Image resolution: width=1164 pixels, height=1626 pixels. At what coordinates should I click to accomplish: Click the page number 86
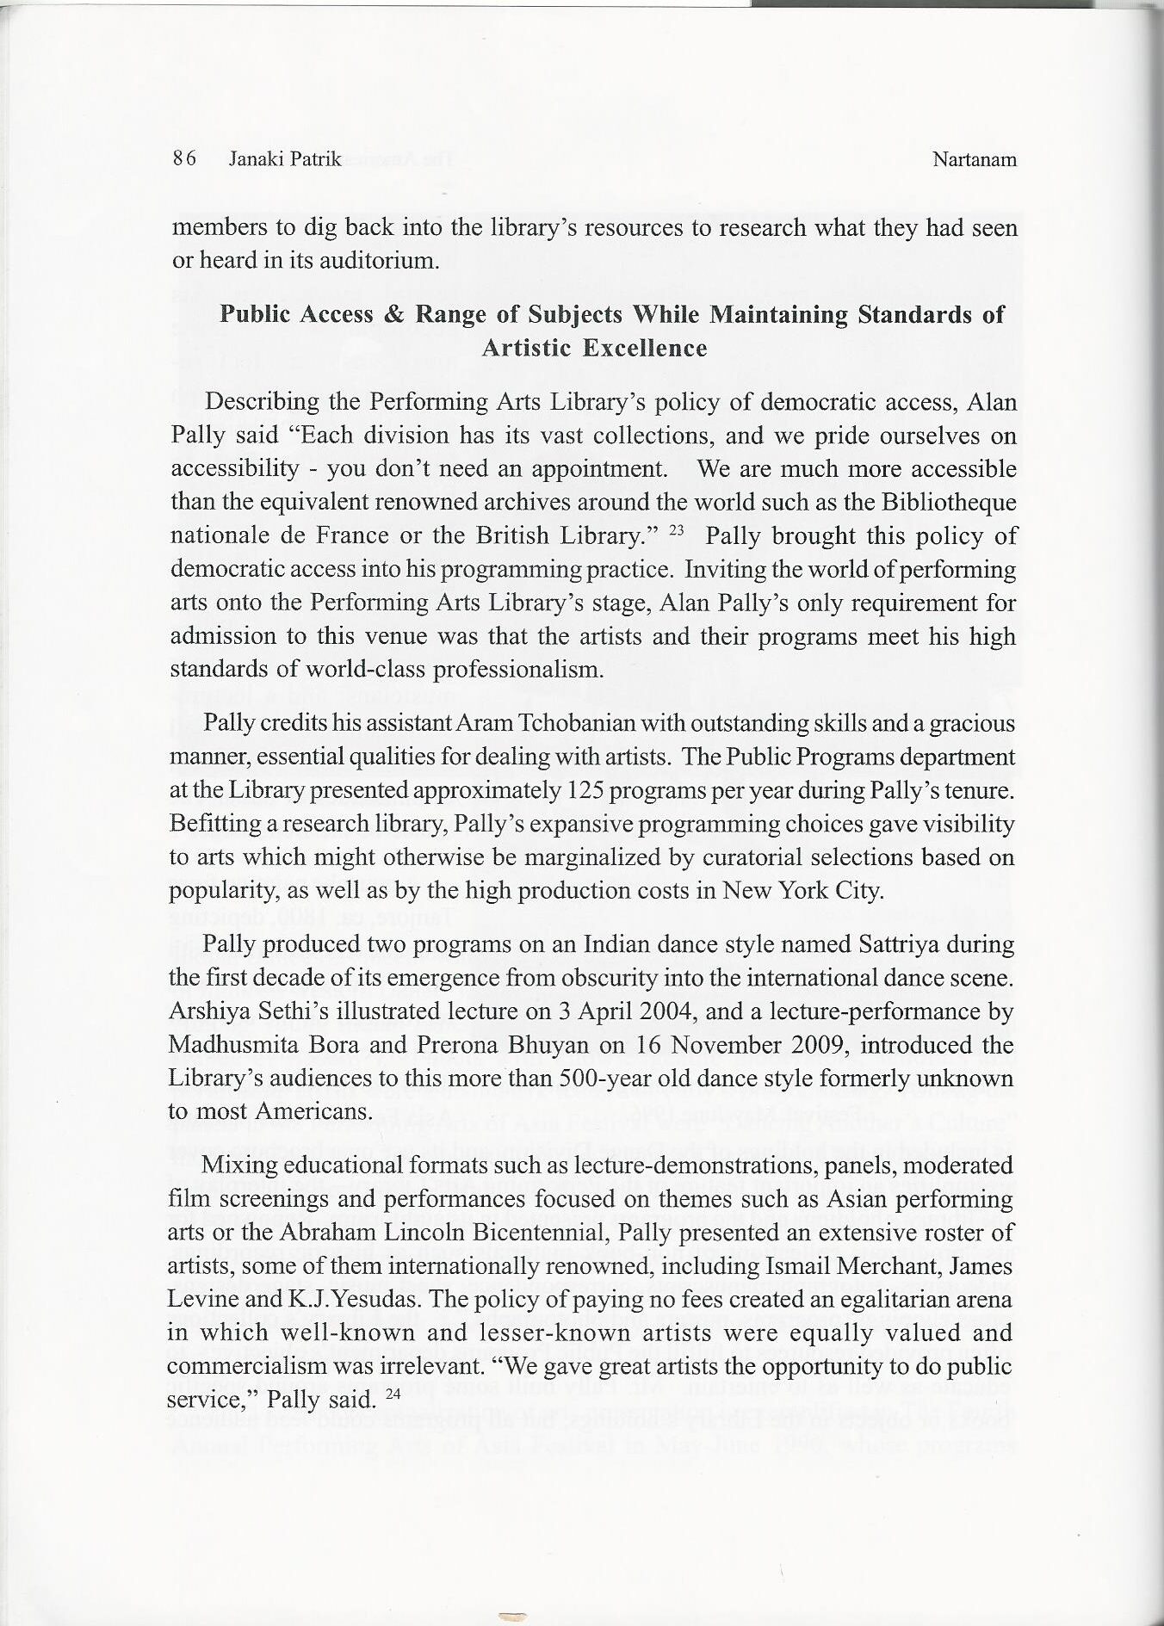pos(184,159)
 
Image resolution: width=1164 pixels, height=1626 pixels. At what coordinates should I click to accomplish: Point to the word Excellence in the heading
pos(644,348)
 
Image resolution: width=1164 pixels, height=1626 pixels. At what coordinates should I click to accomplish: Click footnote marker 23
pos(676,531)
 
